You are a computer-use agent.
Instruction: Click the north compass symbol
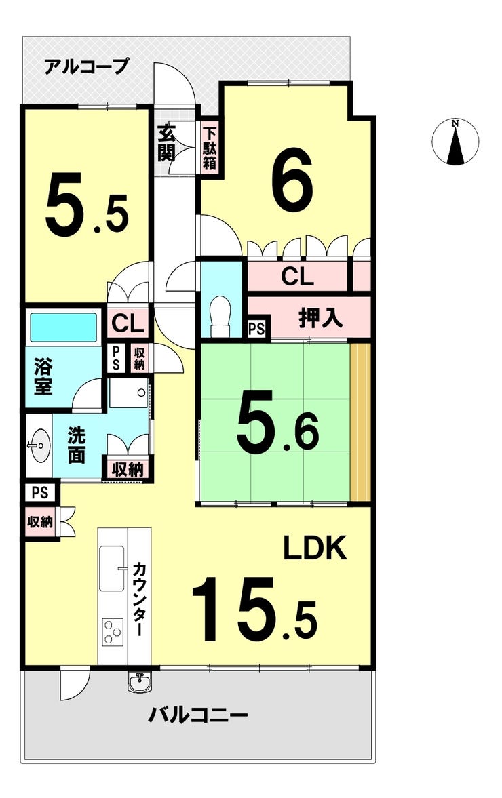click(x=456, y=142)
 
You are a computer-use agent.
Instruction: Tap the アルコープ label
click(x=86, y=66)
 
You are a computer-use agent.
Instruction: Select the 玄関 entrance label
click(x=167, y=142)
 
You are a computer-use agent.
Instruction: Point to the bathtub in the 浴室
click(x=64, y=327)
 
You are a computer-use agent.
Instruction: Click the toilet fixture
click(x=221, y=317)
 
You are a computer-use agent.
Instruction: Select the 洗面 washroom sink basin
click(x=38, y=445)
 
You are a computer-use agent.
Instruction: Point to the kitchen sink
click(x=111, y=568)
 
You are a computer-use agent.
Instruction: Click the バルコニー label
click(x=198, y=715)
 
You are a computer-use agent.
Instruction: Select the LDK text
click(x=315, y=549)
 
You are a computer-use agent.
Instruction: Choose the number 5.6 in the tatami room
click(x=277, y=426)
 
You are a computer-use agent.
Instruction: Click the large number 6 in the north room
click(x=292, y=178)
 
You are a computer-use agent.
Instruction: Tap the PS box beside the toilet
click(x=256, y=330)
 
